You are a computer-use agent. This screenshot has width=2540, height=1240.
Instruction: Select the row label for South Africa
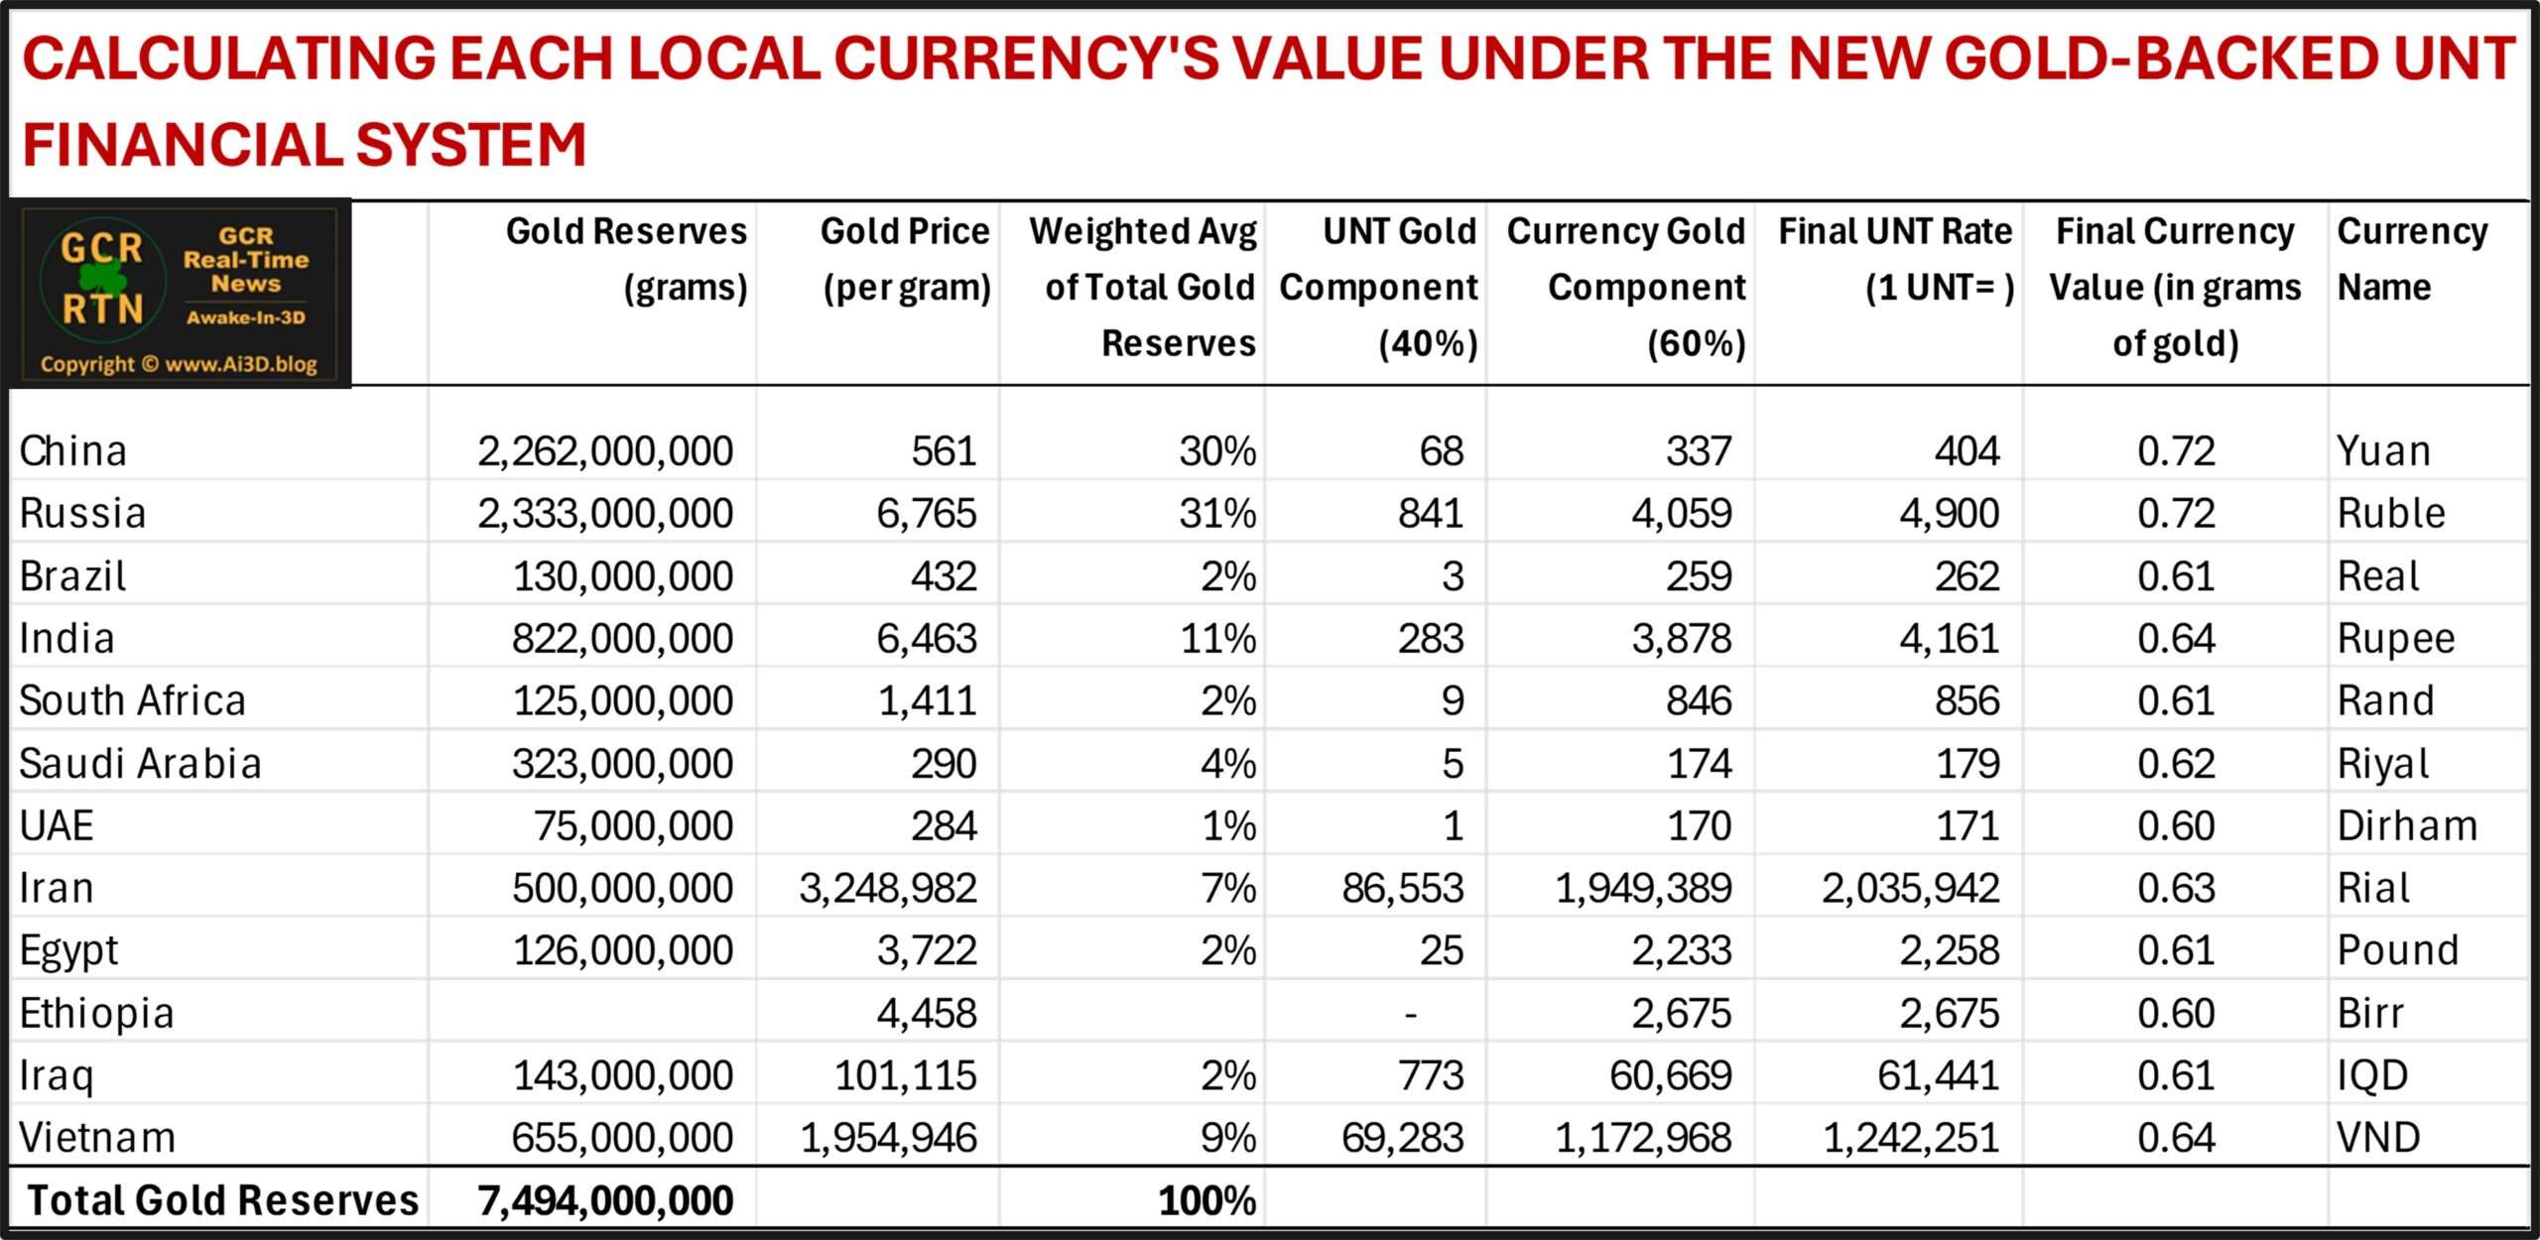(132, 701)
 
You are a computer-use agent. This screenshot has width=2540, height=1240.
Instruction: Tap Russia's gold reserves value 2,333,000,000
(605, 514)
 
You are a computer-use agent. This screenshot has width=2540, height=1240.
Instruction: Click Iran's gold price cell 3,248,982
(888, 889)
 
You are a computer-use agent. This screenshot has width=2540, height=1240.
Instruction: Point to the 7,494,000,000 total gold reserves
(605, 1201)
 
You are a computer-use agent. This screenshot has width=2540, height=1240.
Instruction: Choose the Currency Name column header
(2412, 259)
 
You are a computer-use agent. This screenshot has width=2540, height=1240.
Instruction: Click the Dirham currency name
(2407, 826)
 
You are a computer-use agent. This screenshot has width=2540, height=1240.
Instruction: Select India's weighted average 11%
(1217, 639)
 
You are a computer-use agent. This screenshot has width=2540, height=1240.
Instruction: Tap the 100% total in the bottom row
(1206, 1201)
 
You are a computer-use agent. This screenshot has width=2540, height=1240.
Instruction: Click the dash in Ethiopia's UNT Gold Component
(1410, 1014)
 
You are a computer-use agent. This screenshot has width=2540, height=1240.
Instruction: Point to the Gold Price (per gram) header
(906, 259)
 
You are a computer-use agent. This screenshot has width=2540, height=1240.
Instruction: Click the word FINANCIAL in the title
(179, 145)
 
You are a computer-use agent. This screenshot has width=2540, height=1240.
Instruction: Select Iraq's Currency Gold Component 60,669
(1671, 1076)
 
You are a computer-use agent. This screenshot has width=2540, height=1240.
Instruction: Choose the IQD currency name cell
(2372, 1076)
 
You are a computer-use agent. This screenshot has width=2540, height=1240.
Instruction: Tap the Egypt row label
(68, 951)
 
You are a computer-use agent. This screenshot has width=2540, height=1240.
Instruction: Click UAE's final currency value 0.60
(2176, 826)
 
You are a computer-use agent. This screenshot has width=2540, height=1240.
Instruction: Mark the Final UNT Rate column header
(1895, 259)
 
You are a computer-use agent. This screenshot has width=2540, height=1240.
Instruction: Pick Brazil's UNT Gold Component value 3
(1453, 576)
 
